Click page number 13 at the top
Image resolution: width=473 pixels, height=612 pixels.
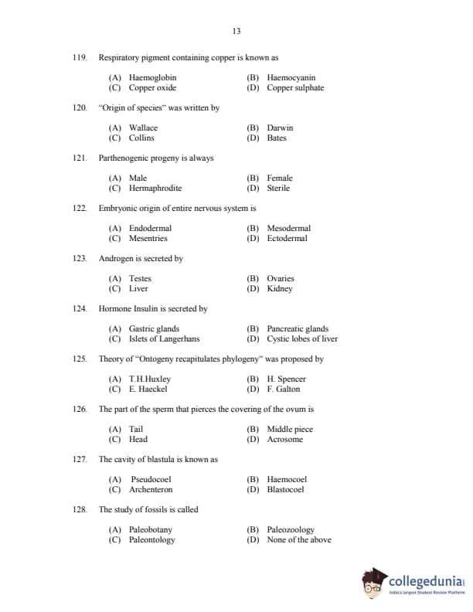coord(236,31)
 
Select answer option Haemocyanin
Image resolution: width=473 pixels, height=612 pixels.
coord(291,77)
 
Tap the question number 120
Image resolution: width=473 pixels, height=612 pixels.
coord(80,108)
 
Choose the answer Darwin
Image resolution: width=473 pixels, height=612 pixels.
coord(280,127)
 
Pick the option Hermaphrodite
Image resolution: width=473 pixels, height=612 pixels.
coord(155,188)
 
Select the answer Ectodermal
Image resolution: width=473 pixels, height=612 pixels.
coord(287,238)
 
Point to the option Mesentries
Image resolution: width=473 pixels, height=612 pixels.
coord(148,238)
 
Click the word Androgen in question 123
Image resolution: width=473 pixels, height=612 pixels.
coord(115,259)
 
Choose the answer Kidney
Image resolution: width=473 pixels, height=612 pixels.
coord(279,288)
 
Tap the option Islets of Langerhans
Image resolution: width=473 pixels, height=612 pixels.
coord(164,338)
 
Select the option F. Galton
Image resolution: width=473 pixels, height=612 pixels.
coord(283,389)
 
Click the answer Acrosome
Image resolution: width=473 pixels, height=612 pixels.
coord(284,439)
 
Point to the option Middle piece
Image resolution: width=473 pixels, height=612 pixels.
coord(290,429)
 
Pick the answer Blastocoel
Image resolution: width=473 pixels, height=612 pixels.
coord(285,489)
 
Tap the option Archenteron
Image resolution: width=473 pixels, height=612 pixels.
coord(151,489)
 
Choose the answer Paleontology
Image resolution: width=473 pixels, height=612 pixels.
coord(151,539)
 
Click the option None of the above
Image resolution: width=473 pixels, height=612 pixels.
coord(298,539)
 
